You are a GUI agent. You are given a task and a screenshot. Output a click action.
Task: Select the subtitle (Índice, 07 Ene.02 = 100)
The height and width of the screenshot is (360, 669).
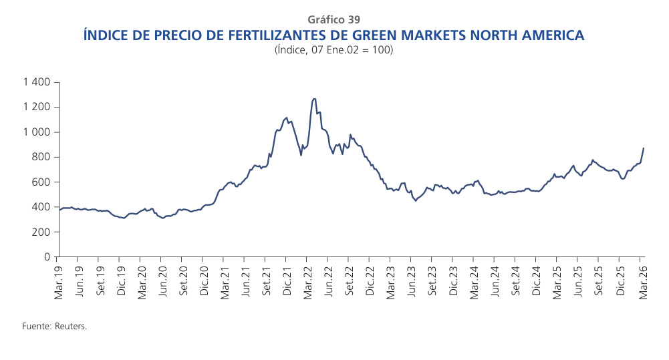(x=333, y=51)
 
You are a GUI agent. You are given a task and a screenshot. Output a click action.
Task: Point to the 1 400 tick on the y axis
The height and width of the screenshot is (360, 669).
(x=37, y=82)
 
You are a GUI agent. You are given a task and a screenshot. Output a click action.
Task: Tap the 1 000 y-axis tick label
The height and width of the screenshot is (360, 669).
(x=37, y=132)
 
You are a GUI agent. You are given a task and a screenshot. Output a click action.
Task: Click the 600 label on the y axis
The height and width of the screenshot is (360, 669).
(x=42, y=182)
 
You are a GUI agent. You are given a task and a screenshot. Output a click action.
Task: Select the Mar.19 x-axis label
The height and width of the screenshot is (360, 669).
(x=59, y=281)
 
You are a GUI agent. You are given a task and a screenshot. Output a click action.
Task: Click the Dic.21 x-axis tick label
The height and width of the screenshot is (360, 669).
(x=287, y=281)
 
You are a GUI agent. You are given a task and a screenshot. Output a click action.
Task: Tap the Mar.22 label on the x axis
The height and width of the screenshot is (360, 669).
(x=307, y=281)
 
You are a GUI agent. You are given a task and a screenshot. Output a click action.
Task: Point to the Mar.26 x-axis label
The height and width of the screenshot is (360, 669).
(x=642, y=281)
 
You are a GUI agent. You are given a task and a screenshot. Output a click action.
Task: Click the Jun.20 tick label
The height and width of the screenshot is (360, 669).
(x=162, y=281)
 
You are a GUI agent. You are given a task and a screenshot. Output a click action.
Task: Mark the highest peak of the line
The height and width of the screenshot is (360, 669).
(x=314, y=99)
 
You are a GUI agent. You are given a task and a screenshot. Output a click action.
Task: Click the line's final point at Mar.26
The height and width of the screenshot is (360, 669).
(x=643, y=148)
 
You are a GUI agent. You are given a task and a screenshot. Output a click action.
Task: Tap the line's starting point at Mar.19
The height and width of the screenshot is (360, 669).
(x=59, y=210)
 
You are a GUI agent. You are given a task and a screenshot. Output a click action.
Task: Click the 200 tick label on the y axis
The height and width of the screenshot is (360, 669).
(x=42, y=232)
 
